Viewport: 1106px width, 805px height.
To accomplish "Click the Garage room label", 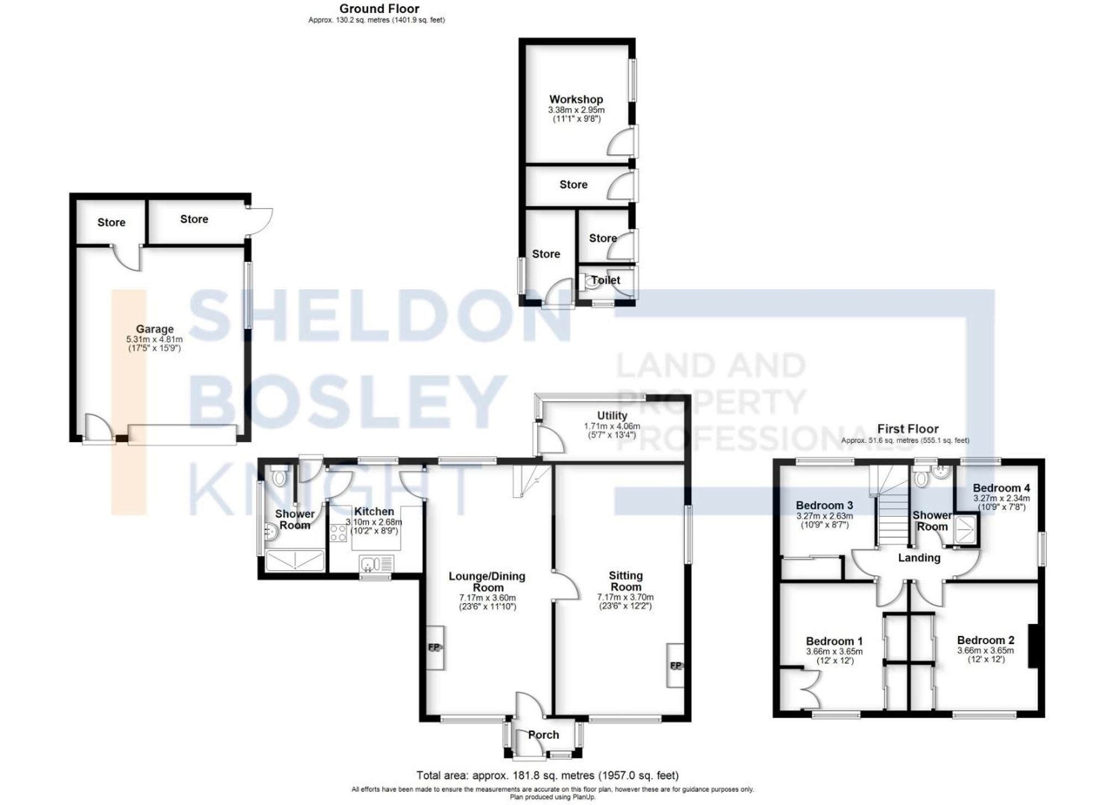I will click(x=155, y=329).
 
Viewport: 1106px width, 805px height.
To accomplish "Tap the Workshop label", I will click(x=576, y=100).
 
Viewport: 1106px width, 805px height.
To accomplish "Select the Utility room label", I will click(x=612, y=416).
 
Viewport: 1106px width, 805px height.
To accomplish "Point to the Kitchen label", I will click(x=374, y=512).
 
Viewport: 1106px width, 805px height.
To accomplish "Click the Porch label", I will click(x=543, y=735).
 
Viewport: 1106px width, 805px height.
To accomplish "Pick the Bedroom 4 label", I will click(x=1001, y=488).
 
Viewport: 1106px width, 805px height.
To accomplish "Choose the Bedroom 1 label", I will click(x=834, y=641).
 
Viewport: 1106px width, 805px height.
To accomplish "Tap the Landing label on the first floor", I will click(x=919, y=558).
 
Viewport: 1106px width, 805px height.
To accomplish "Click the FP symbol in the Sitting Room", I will click(x=675, y=666).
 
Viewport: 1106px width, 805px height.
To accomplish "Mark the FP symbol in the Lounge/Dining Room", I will click(x=434, y=647).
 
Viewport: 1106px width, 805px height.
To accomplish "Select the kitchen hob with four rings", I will click(x=338, y=533).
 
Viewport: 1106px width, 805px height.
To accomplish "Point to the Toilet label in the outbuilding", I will click(x=606, y=280).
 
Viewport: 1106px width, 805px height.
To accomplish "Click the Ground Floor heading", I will click(x=379, y=9).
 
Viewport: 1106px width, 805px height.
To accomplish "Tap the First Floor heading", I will click(x=907, y=429).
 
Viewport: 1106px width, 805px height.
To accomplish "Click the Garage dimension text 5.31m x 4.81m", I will click(x=154, y=339).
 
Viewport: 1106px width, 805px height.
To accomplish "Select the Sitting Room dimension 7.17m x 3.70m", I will click(x=625, y=597).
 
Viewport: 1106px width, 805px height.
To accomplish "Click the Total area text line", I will click(x=547, y=775).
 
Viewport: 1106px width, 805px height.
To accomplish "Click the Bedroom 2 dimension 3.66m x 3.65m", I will click(x=985, y=651).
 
